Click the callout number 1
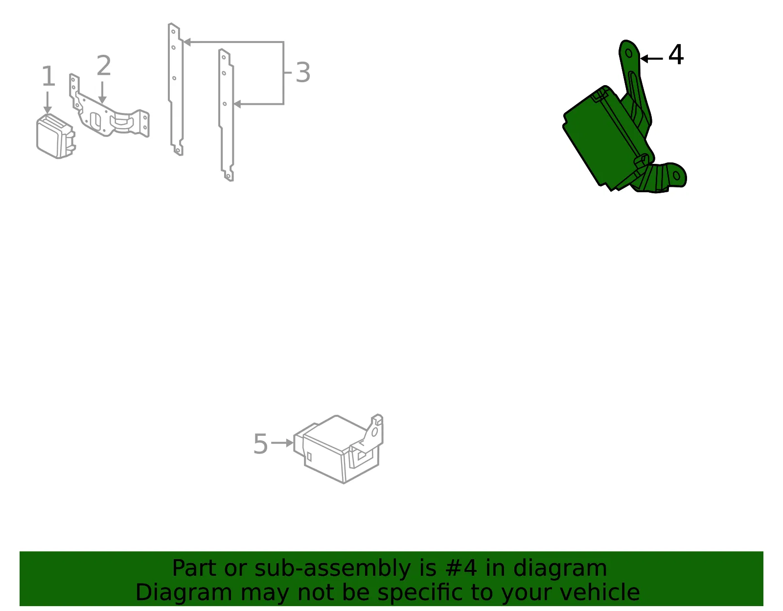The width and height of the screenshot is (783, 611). tap(48, 76)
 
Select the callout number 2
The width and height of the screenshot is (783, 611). tap(104, 65)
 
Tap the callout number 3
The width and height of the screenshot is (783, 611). tap(302, 72)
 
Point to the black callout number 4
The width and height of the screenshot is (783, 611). tap(676, 55)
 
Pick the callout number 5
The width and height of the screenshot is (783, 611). tap(260, 444)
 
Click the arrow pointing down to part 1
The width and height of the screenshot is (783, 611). tap(47, 103)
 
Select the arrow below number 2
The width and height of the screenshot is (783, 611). tap(102, 92)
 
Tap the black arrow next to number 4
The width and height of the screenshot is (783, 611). tap(651, 59)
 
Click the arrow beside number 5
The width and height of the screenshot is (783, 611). tap(282, 443)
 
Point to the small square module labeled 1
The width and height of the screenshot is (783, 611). tap(56, 136)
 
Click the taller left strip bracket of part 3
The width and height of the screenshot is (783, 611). tap(176, 90)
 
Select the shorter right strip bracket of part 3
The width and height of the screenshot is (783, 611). tap(226, 115)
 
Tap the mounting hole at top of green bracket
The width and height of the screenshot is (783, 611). tap(629, 54)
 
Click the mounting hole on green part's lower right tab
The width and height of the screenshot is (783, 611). tap(676, 176)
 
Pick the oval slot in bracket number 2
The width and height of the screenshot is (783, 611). tap(95, 121)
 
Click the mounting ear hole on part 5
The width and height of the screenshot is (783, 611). tap(374, 431)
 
